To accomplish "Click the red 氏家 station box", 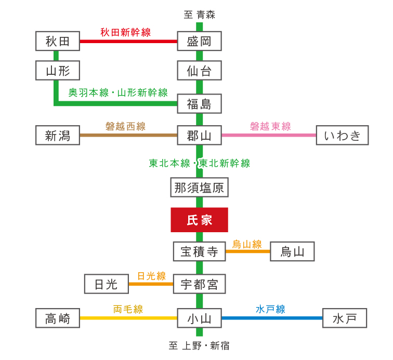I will (x=199, y=220).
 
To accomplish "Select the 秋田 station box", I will (x=58, y=41).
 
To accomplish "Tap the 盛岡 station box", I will (x=199, y=41).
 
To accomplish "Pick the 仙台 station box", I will (x=199, y=71).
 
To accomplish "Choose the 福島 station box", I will (x=199, y=104).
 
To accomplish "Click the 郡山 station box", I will (x=199, y=135).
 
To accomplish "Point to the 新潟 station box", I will (x=58, y=135).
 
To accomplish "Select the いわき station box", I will (x=342, y=135).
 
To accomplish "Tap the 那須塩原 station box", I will (x=199, y=187).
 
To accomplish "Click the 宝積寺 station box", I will (x=199, y=251).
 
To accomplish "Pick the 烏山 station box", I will (x=292, y=251).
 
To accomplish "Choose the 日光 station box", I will (x=107, y=284).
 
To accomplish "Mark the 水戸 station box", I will (x=345, y=318).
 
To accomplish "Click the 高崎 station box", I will (x=58, y=318).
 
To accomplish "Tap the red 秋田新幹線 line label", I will (x=125, y=32).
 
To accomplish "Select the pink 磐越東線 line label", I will (x=270, y=126).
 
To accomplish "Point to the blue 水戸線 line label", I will (x=270, y=309).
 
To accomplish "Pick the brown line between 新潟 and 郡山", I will (x=128, y=135).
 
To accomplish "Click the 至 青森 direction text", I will (x=199, y=15).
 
